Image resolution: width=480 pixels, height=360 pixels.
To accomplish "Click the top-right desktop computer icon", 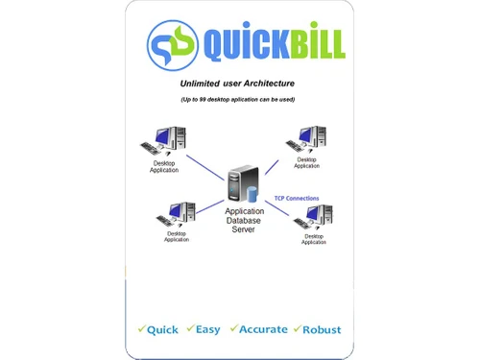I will (x=308, y=140).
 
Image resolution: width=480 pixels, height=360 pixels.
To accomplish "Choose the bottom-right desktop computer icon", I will (x=314, y=217).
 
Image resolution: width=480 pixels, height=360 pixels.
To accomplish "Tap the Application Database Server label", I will (x=244, y=220).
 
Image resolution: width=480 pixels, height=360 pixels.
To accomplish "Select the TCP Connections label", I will (x=297, y=199).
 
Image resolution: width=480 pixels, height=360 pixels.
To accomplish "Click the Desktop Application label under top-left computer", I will (x=164, y=167).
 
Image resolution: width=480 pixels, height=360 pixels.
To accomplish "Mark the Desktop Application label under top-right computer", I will (x=306, y=163).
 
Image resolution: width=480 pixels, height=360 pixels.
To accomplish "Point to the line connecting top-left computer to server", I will (x=203, y=164).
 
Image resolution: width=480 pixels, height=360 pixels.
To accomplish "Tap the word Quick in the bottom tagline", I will (x=162, y=329).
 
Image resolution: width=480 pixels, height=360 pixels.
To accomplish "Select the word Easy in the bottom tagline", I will (x=208, y=329).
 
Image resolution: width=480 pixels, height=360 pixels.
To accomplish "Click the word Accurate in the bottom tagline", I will (x=263, y=329).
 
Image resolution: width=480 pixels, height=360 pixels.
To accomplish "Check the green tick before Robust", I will (x=297, y=328).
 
